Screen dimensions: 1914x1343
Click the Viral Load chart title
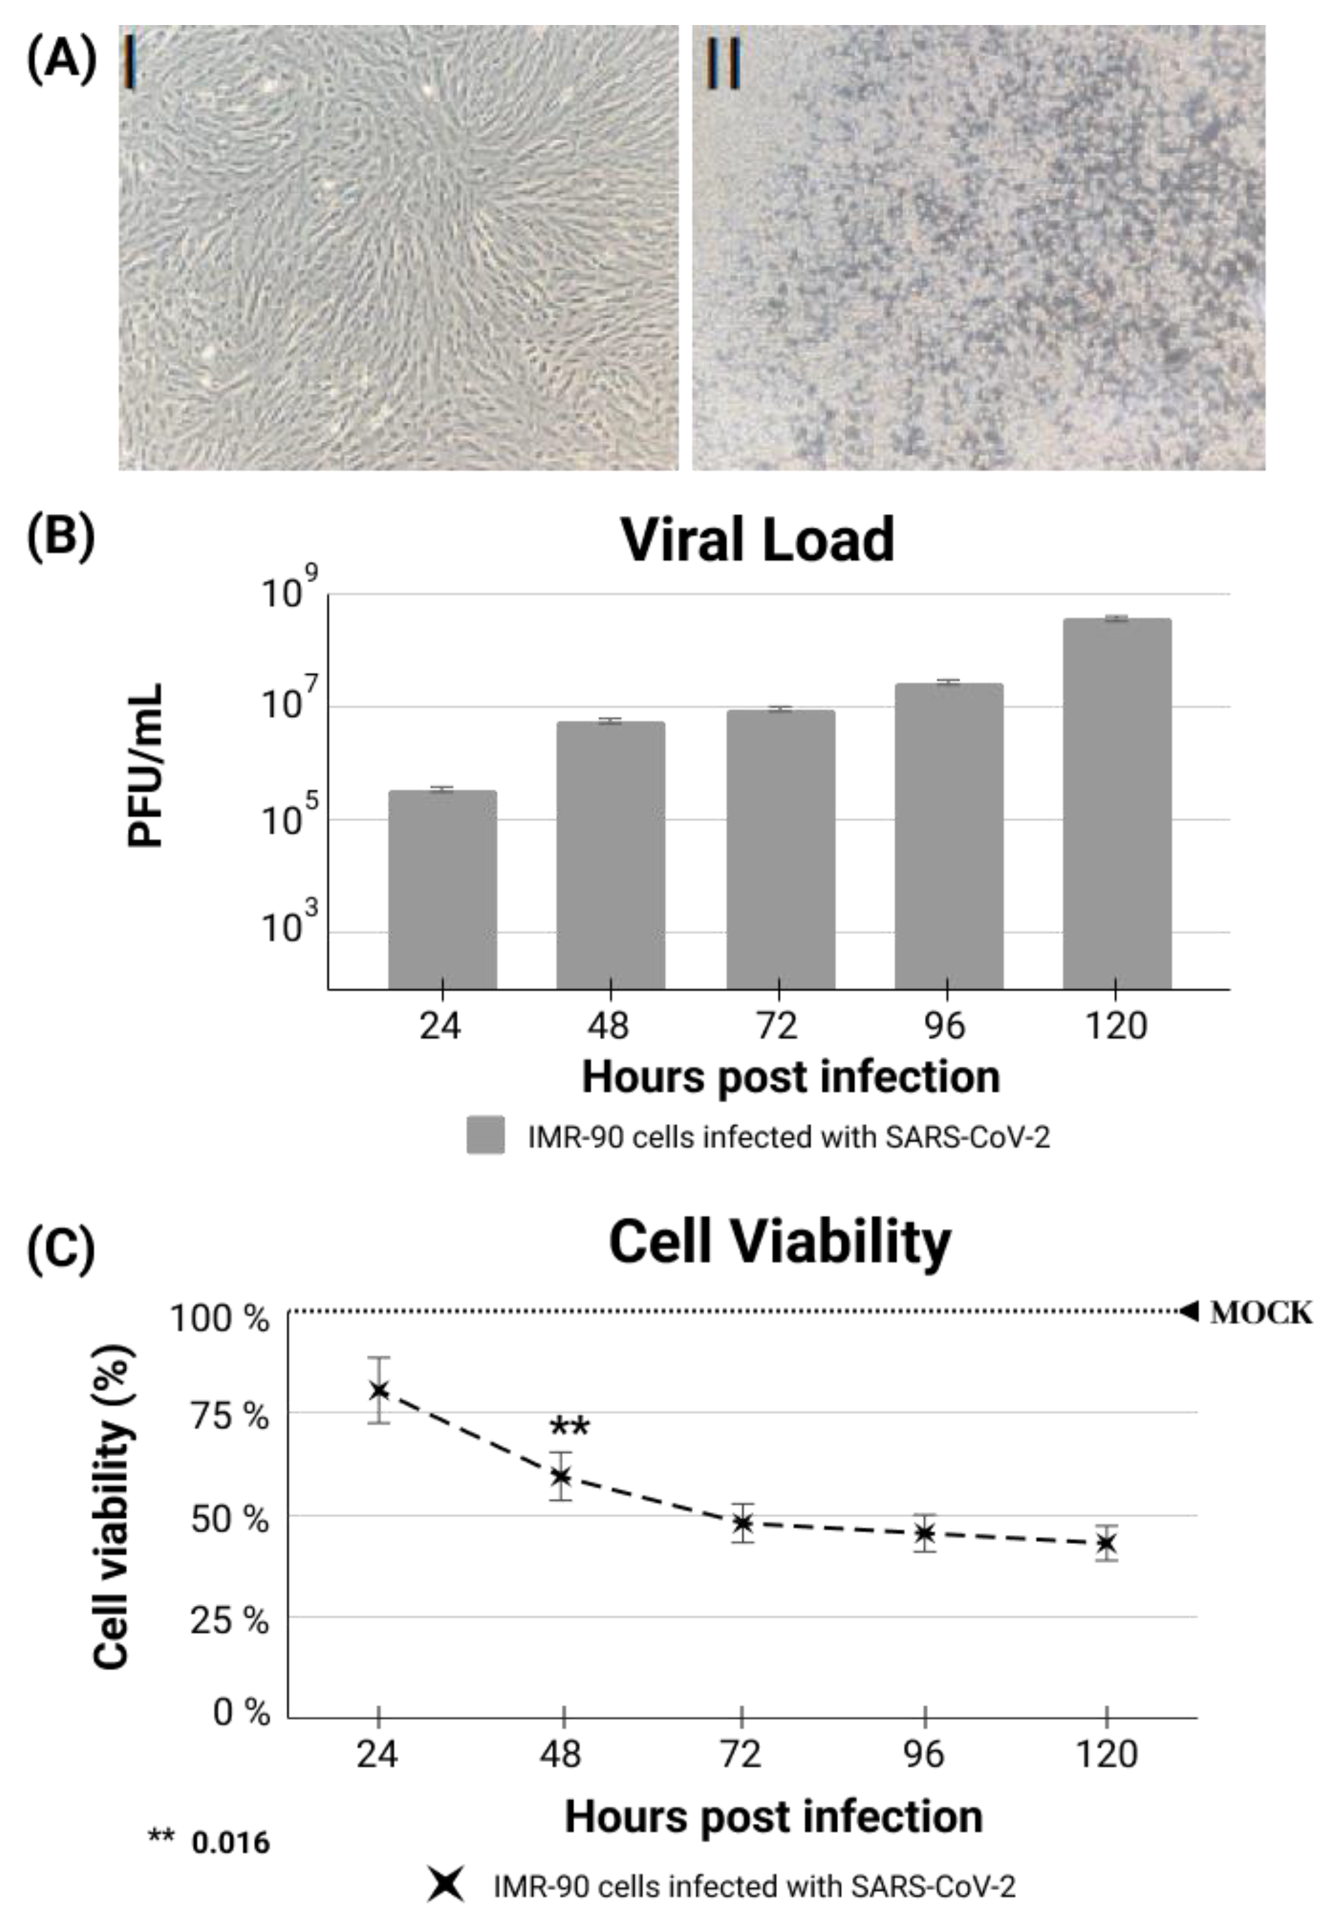coord(757,541)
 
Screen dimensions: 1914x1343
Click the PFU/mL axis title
coord(145,766)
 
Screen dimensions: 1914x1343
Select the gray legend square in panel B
coord(485,1136)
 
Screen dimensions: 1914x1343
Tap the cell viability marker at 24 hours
coord(379,1391)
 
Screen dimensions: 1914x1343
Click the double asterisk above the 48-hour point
coord(570,1428)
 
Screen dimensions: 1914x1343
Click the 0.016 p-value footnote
coord(231,1843)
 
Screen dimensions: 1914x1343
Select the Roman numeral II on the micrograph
coord(723,62)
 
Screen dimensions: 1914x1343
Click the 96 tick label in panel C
coord(924,1756)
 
